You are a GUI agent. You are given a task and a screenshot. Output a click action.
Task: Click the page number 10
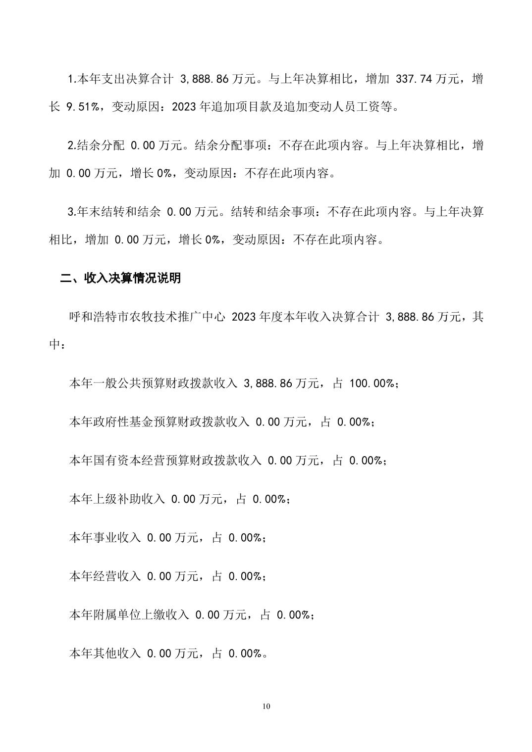(266, 706)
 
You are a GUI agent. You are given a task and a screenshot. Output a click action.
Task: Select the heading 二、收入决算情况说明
(120, 278)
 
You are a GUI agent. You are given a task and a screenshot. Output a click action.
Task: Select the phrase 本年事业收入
(105, 538)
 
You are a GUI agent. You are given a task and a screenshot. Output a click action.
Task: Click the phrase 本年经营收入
(105, 576)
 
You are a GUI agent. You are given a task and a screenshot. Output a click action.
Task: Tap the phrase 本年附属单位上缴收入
(129, 615)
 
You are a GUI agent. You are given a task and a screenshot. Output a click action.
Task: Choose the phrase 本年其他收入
(105, 654)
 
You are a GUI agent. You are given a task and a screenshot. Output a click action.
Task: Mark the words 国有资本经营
(129, 461)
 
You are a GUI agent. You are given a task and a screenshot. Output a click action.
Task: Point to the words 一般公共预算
(129, 383)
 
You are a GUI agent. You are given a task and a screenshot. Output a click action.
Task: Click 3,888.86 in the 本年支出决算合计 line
(205, 79)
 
